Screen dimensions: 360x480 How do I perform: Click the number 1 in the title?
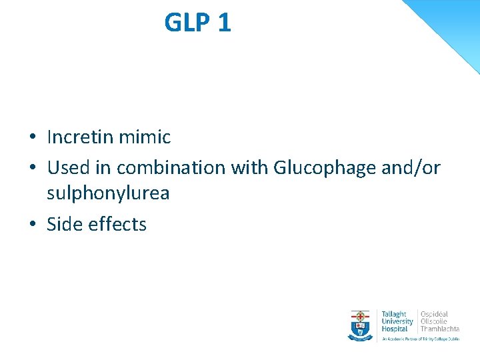(224, 23)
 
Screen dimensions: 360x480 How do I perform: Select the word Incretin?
(80, 137)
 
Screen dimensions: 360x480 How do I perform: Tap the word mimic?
(145, 137)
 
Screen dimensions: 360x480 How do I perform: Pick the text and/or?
(411, 167)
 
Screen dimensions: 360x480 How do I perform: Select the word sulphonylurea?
(108, 193)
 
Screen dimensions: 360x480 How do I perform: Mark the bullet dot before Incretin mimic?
(32, 138)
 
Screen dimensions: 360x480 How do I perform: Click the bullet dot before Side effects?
(32, 225)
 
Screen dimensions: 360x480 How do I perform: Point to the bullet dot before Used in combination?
(32, 168)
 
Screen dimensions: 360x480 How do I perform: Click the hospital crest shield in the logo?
(361, 325)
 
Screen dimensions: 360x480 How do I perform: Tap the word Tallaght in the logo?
(393, 314)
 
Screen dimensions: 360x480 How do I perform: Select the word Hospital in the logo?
(395, 329)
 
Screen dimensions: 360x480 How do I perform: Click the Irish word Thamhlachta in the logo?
(439, 329)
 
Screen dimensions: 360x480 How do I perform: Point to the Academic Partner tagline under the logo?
(420, 339)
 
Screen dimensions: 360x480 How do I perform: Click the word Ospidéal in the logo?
(434, 314)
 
